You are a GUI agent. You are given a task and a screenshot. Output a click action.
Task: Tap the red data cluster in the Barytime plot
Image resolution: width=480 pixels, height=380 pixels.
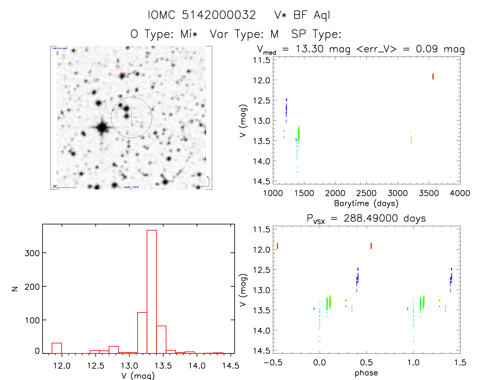click(433, 77)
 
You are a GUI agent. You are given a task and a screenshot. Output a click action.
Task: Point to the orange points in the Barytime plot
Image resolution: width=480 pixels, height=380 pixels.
click(411, 140)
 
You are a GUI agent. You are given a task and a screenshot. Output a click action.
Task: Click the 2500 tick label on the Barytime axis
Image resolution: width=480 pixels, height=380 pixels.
click(366, 193)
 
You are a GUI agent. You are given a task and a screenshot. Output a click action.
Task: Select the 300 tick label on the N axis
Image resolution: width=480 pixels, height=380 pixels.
click(32, 253)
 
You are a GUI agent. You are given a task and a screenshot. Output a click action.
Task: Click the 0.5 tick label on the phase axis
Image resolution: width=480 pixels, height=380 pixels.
click(366, 362)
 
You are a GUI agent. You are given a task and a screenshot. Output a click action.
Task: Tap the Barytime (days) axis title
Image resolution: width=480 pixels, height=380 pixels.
click(366, 203)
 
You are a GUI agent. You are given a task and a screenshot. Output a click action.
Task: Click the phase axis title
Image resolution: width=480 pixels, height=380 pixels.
click(366, 373)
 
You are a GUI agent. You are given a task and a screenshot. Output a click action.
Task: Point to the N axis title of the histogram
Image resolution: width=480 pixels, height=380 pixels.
click(15, 289)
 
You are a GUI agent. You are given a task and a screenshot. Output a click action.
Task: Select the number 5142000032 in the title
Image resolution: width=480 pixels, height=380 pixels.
click(219, 15)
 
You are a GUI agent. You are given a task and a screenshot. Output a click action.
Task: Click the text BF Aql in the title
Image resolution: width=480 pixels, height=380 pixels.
click(312, 15)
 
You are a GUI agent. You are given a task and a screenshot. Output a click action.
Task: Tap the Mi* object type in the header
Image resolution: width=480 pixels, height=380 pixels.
click(189, 34)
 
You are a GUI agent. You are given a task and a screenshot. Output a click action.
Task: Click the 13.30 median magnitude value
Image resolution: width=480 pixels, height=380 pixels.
click(309, 49)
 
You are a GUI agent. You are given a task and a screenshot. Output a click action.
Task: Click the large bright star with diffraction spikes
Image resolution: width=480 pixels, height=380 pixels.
click(102, 127)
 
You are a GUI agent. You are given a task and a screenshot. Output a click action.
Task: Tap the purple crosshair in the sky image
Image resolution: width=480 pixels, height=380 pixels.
click(132, 117)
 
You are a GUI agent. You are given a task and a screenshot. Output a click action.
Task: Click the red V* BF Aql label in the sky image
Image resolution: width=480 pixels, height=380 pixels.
click(125, 74)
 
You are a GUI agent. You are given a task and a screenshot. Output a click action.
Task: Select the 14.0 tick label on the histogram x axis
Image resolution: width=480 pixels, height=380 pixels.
click(197, 366)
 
